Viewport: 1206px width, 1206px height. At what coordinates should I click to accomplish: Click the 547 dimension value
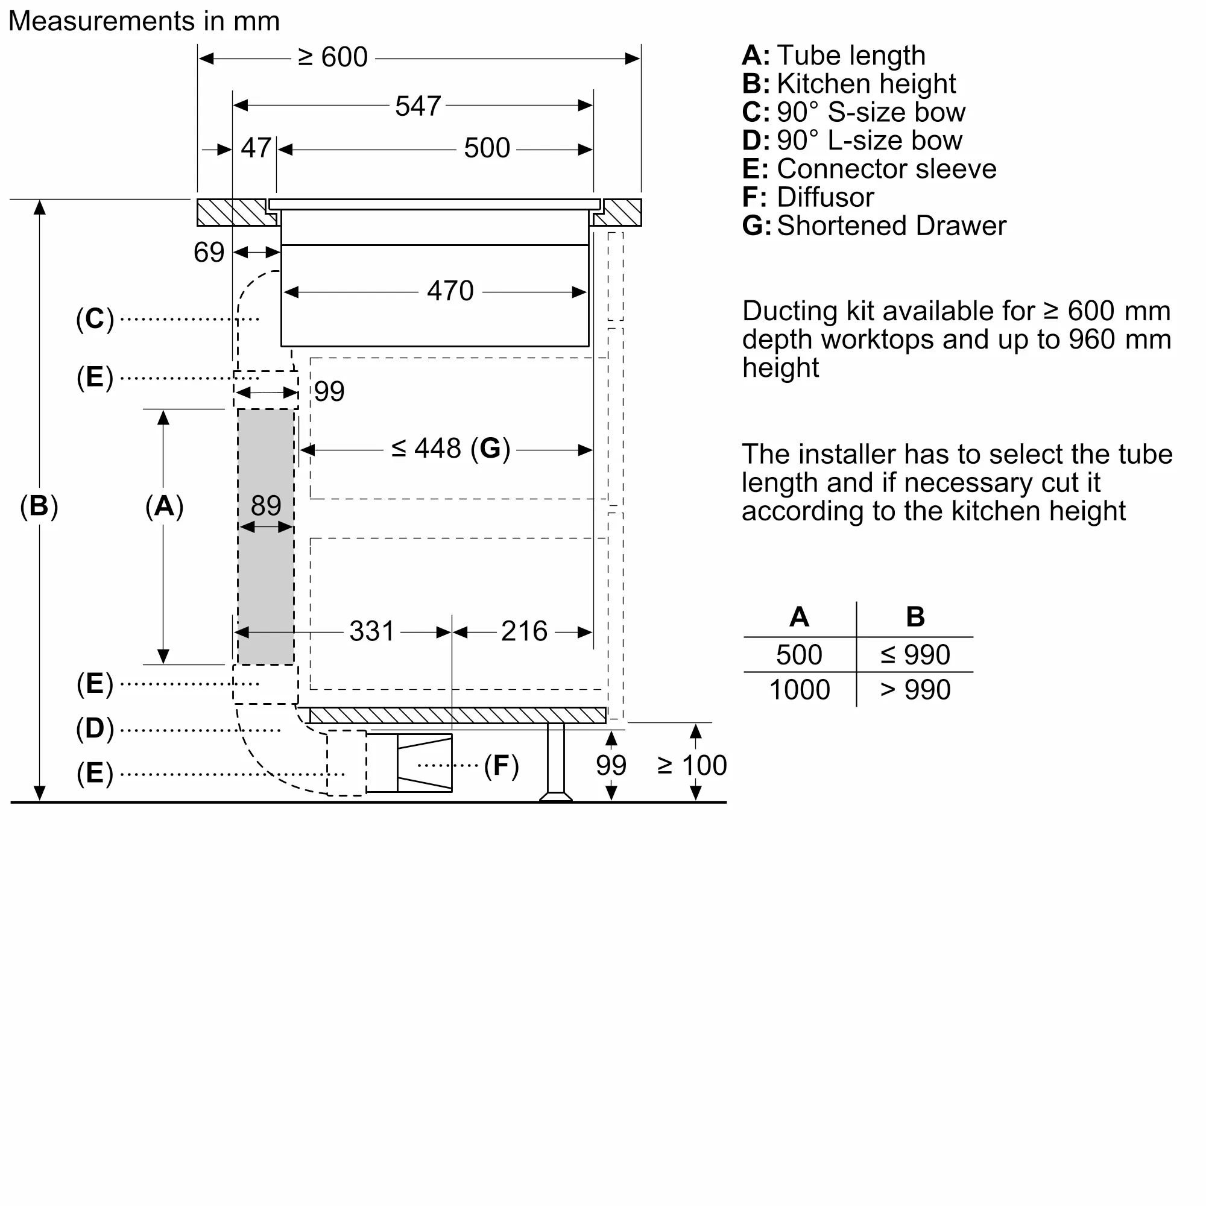coord(418,106)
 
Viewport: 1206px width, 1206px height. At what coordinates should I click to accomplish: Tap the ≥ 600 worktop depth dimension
coord(333,57)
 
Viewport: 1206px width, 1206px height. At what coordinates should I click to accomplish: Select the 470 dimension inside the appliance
coord(450,291)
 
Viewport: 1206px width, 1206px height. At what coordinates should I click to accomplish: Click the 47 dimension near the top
coord(255,148)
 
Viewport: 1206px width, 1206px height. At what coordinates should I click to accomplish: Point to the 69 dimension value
coord(209,252)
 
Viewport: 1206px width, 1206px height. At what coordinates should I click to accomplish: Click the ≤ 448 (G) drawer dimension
coord(450,448)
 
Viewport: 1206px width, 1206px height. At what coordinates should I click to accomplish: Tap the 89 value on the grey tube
coord(266,505)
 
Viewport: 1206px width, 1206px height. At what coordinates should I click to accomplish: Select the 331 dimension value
coord(371,631)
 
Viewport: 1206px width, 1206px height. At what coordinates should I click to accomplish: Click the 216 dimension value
coord(524,631)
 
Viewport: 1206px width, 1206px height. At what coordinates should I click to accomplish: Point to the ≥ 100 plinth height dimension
coord(692,765)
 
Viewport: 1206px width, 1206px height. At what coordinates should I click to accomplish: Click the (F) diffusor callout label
coord(501,765)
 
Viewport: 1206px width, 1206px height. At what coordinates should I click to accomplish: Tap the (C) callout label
coord(95,318)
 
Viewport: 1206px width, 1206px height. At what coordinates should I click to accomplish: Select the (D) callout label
coord(95,728)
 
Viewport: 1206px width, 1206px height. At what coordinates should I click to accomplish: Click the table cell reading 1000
coord(799,690)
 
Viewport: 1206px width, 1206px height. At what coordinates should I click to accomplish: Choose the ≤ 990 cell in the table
coord(915,655)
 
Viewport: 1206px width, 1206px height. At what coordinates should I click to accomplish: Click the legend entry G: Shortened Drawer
coord(873,226)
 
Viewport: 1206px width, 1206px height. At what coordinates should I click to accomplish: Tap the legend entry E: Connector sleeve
coord(868,169)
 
